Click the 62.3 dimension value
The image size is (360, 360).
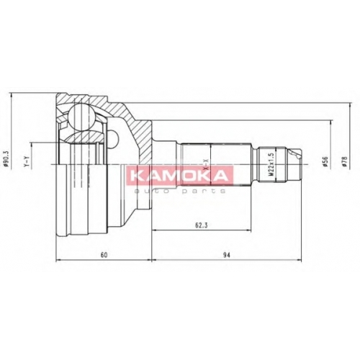pyautogui.click(x=201, y=225)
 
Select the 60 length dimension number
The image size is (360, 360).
pyautogui.click(x=104, y=255)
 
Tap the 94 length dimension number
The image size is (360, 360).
pyautogui.click(x=226, y=255)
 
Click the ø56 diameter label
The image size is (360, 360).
pyautogui.click(x=325, y=161)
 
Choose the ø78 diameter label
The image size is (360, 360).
pyautogui.click(x=345, y=161)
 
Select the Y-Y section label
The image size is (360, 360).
pyautogui.click(x=27, y=161)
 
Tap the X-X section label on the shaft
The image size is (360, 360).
pyautogui.click(x=206, y=165)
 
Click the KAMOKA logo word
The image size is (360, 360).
pyautogui.click(x=179, y=176)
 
